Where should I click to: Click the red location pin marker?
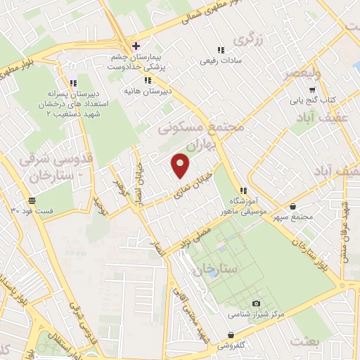(x=181, y=165)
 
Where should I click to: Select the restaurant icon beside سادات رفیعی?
(x=220, y=50)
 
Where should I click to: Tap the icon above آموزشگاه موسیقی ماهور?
(x=243, y=190)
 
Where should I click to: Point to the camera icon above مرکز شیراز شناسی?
(x=256, y=302)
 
